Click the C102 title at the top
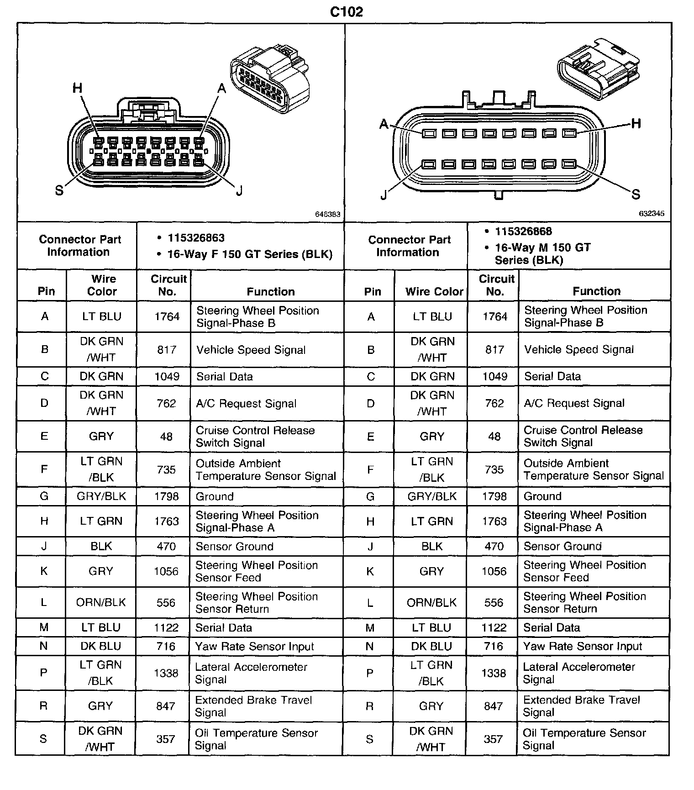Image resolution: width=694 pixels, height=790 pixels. [347, 11]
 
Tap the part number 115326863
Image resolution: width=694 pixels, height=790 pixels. [196, 238]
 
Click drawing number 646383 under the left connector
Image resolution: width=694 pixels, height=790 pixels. [328, 214]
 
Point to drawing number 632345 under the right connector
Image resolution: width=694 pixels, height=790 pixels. [652, 214]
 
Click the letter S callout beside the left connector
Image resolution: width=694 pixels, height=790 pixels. [59, 190]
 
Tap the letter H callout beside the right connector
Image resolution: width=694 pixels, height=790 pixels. [636, 123]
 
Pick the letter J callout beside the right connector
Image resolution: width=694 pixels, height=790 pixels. [384, 195]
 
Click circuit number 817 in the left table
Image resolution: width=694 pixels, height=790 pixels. [167, 350]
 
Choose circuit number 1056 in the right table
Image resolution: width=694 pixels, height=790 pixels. [494, 571]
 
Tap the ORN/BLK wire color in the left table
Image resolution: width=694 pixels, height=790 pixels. [101, 602]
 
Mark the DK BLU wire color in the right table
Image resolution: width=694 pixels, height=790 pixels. [431, 646]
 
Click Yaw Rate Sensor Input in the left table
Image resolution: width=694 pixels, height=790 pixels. [254, 647]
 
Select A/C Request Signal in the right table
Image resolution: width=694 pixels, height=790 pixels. [574, 403]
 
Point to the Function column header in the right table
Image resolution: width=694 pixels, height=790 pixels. [596, 291]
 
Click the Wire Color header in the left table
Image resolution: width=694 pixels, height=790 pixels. [102, 285]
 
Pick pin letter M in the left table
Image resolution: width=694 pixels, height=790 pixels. [44, 627]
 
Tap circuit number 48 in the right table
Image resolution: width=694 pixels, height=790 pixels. [494, 437]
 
